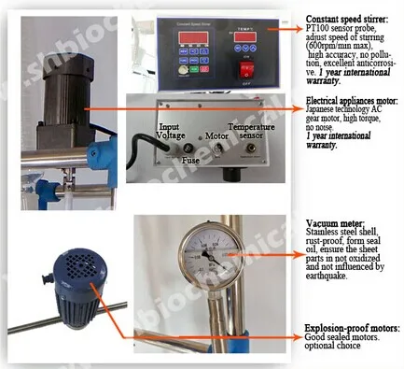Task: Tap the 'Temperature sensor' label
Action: point(253,131)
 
